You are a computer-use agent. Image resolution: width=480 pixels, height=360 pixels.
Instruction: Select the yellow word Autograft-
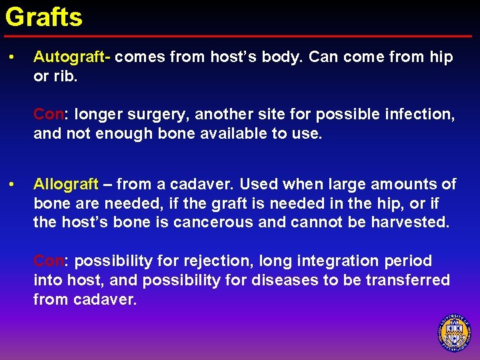(x=72, y=57)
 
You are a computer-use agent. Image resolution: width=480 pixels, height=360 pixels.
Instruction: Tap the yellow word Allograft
(x=66, y=184)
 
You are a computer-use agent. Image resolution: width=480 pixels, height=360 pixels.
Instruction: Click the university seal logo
(x=455, y=333)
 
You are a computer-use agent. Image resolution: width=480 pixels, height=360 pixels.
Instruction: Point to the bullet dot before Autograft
(x=12, y=57)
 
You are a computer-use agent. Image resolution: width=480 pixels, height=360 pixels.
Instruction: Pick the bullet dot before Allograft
(x=12, y=184)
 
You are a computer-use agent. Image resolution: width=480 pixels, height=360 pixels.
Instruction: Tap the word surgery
(x=159, y=114)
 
